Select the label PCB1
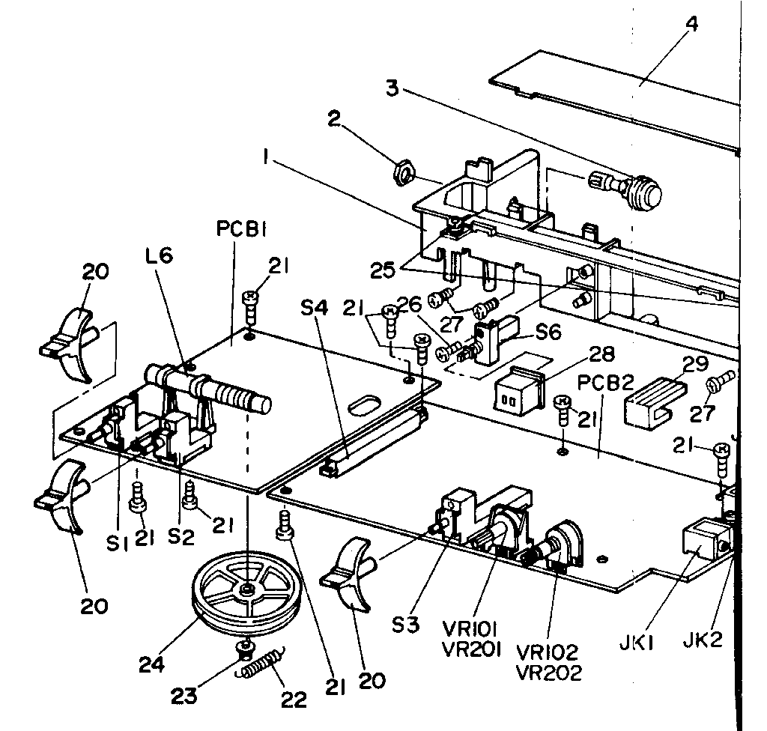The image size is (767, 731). (x=241, y=229)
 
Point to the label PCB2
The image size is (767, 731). (x=605, y=383)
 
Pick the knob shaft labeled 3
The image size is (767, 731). (x=626, y=189)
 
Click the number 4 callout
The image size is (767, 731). (x=691, y=23)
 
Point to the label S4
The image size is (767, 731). (x=314, y=308)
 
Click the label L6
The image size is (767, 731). (x=159, y=255)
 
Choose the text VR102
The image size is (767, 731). (x=547, y=652)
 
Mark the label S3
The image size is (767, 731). (x=406, y=625)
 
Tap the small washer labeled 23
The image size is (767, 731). (x=245, y=649)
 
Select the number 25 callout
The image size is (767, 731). (x=383, y=270)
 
